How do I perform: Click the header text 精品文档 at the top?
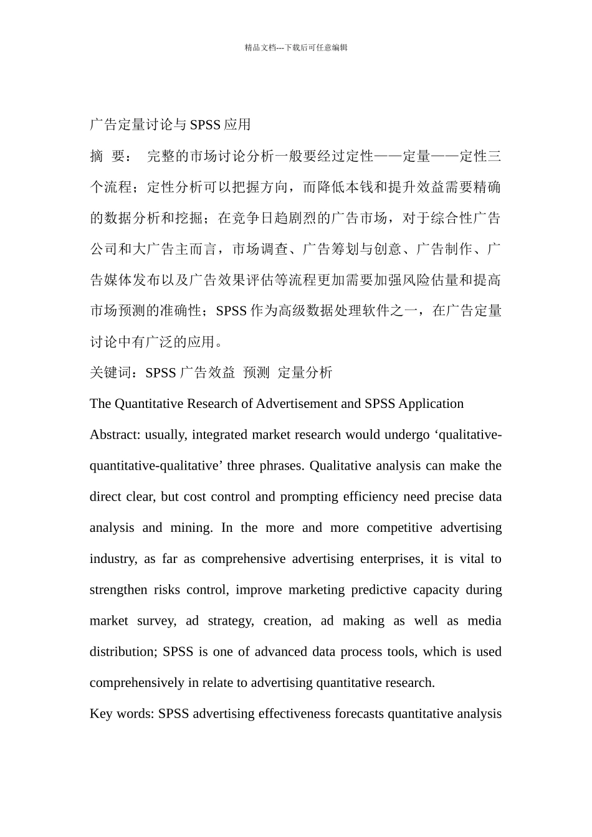tap(260, 47)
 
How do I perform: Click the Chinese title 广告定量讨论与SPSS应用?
tap(170, 125)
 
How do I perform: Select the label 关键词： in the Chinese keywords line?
tap(117, 372)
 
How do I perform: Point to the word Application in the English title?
tap(431, 404)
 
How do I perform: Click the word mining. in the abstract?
tap(191, 527)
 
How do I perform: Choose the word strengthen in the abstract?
tap(118, 590)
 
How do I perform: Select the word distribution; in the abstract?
tap(123, 652)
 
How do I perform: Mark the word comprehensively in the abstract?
tap(137, 683)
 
